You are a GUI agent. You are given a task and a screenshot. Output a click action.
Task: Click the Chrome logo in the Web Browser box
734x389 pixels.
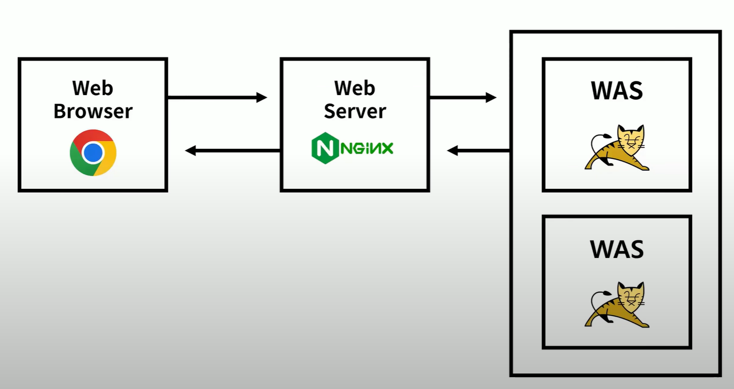pyautogui.click(x=93, y=152)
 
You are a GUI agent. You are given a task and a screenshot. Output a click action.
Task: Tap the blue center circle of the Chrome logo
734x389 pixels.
pyautogui.click(x=93, y=153)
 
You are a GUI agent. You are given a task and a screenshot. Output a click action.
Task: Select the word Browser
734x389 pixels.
pyautogui.click(x=93, y=111)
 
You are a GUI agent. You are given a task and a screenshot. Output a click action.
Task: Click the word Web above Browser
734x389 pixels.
pyautogui.click(x=93, y=88)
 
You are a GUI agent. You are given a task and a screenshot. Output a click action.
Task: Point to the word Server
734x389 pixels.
pyautogui.click(x=355, y=111)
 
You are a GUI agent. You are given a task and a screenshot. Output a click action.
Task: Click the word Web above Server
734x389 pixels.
pyautogui.click(x=355, y=88)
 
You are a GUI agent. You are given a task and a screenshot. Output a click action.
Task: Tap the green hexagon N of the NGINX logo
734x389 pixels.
pyautogui.click(x=325, y=148)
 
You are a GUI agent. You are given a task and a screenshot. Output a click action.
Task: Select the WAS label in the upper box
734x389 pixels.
pyautogui.click(x=617, y=91)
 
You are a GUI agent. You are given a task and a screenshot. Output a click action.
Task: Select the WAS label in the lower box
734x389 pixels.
pyautogui.click(x=617, y=249)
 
